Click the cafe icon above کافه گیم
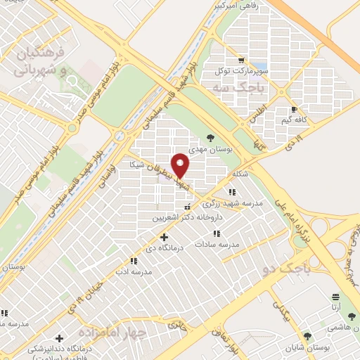tap(294, 110)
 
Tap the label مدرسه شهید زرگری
tap(232, 203)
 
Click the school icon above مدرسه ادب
tap(134, 261)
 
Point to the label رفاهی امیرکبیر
tap(238, 6)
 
